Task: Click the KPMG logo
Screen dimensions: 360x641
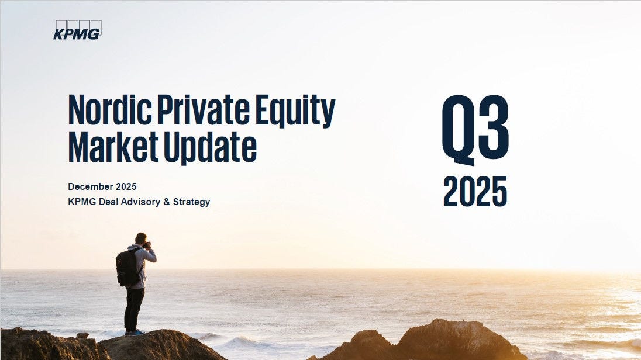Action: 77,30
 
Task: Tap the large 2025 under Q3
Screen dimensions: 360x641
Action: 475,191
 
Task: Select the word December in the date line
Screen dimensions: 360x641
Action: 89,186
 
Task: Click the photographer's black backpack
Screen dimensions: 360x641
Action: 127,267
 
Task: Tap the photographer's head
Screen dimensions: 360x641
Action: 141,238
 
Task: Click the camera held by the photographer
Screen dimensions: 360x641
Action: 148,245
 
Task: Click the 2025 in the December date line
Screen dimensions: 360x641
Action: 127,186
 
